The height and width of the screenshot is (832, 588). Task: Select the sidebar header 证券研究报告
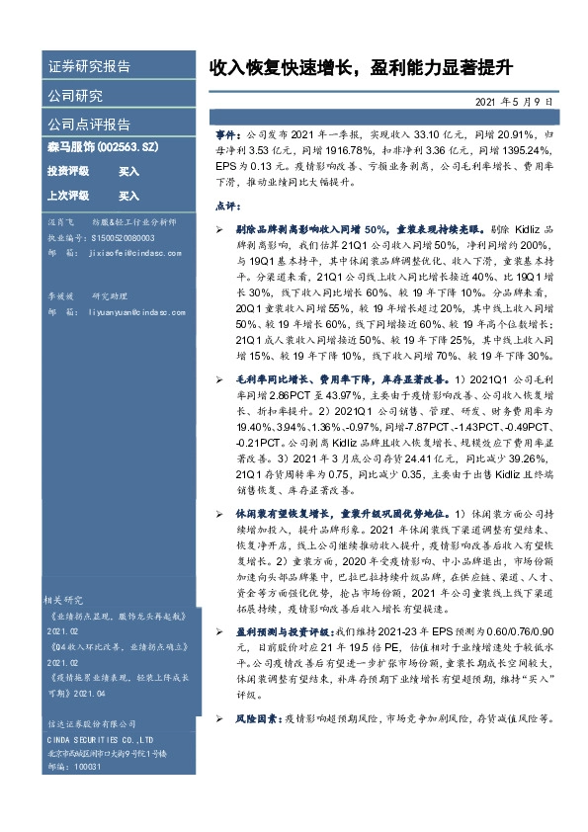[x=89, y=67]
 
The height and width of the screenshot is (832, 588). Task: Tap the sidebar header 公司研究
[x=75, y=96]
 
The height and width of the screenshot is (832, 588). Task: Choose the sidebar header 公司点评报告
[x=89, y=125]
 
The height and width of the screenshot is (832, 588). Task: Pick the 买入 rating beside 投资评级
[x=128, y=171]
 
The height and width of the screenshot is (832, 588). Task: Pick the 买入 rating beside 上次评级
[x=128, y=196]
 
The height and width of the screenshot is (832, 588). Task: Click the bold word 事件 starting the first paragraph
[x=227, y=132]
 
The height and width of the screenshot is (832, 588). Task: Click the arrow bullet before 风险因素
[x=219, y=719]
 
